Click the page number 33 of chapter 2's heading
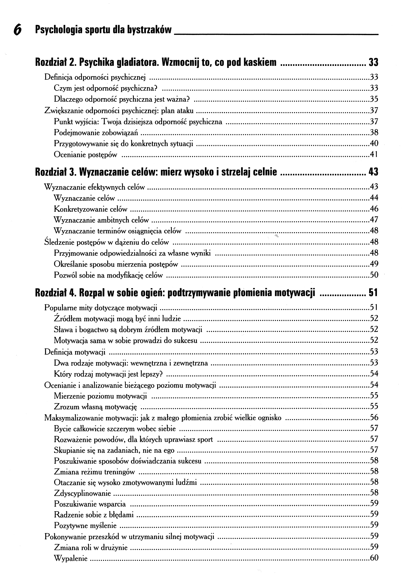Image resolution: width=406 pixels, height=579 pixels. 374,62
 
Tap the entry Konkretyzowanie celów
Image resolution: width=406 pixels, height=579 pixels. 90,209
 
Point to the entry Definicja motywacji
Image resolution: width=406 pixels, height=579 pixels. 75,352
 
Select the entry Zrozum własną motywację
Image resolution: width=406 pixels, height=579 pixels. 95,407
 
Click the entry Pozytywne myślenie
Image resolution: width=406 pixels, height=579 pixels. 85,526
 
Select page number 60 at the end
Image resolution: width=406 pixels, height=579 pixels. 374,558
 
